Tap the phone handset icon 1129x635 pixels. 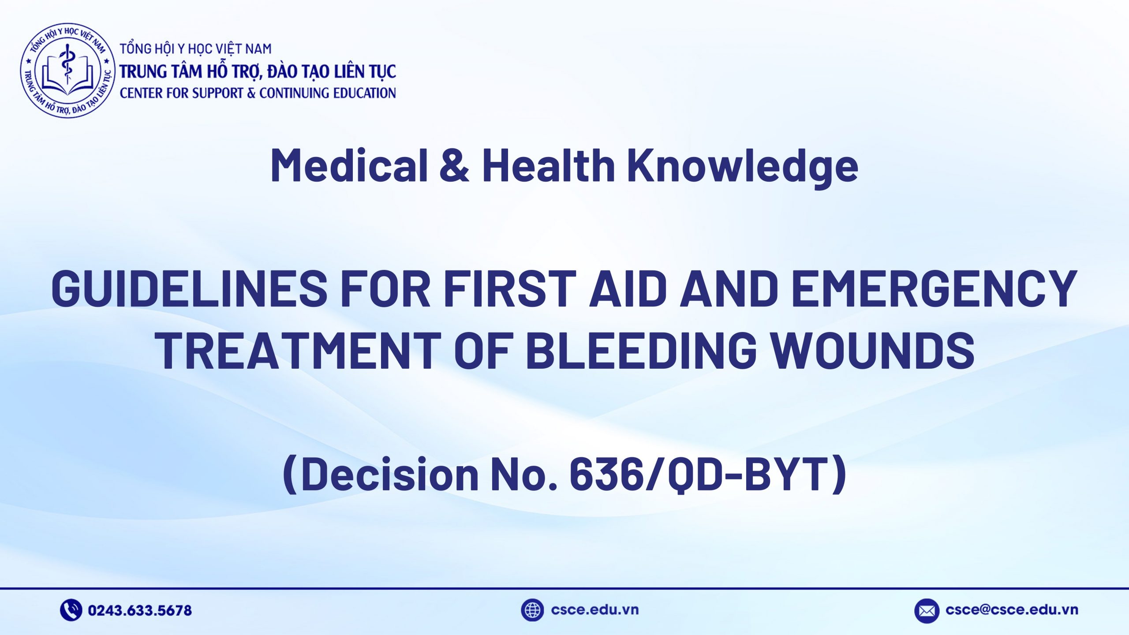pyautogui.click(x=71, y=610)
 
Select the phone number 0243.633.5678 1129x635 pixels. pyautogui.click(x=140, y=611)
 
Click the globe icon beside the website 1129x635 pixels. pyautogui.click(x=532, y=610)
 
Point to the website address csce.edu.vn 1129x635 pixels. pyautogui.click(x=594, y=610)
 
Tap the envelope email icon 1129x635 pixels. pyautogui.click(x=927, y=611)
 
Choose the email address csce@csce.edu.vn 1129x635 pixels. pyautogui.click(x=1012, y=610)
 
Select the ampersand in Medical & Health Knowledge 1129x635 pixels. pyautogui.click(x=454, y=165)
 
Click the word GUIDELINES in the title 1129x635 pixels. pyautogui.click(x=189, y=289)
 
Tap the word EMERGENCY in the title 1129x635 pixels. pyautogui.click(x=935, y=289)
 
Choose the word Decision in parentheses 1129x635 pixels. pyautogui.click(x=390, y=474)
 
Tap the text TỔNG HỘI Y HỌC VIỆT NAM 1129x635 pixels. pyautogui.click(x=196, y=49)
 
